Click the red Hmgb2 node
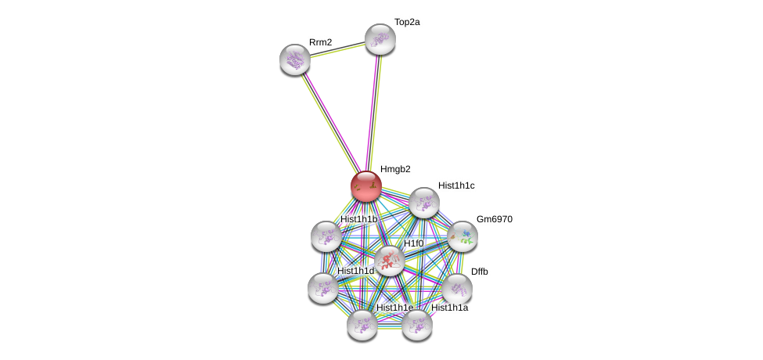tap(365, 186)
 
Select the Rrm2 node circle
tap(295, 59)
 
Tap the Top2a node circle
tap(380, 39)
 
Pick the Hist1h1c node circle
tap(423, 203)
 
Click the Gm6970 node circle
tap(462, 236)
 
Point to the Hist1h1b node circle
tap(326, 236)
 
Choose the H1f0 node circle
tap(389, 261)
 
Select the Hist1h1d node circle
tap(322, 288)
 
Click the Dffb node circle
tap(456, 289)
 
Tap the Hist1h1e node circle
tap(362, 324)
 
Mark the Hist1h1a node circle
tap(417, 324)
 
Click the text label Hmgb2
tap(395, 169)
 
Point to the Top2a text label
tap(407, 22)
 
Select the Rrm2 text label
tap(320, 42)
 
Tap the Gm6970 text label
tap(495, 219)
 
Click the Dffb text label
tap(479, 272)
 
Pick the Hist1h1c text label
tap(456, 185)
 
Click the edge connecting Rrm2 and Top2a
tap(337, 49)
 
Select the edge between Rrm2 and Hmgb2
tap(329, 121)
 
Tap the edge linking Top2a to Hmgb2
tap(373, 110)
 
